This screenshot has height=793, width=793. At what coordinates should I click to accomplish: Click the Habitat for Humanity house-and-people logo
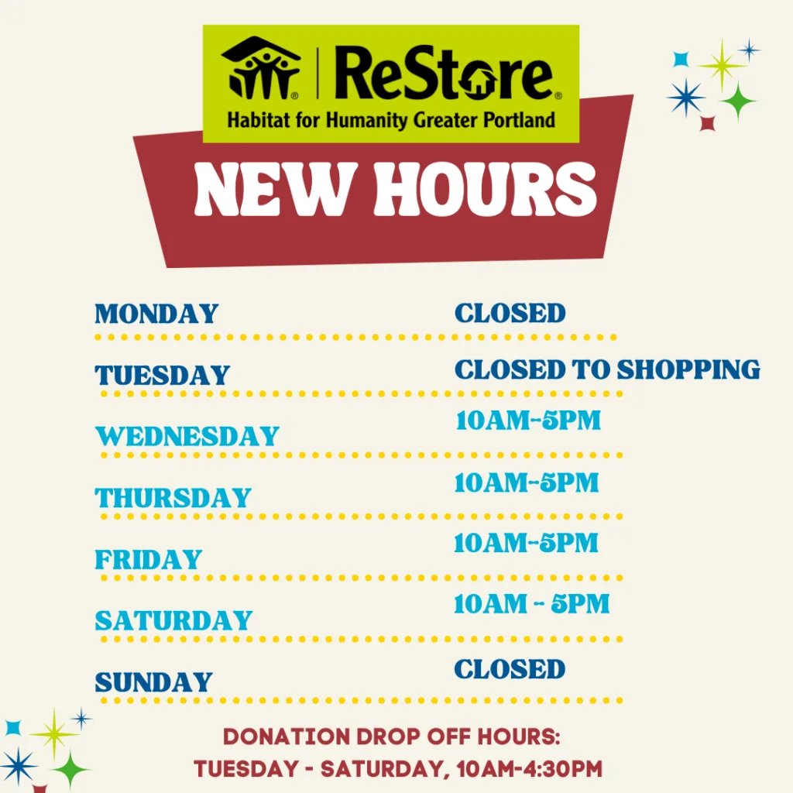(261, 67)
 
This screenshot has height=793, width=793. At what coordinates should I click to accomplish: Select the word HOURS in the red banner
(486, 190)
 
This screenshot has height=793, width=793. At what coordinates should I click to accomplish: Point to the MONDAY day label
(156, 314)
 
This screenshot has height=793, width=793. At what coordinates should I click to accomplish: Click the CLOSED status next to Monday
(510, 313)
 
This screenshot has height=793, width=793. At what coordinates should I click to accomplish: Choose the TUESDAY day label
(163, 376)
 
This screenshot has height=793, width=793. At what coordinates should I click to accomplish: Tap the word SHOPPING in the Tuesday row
(688, 369)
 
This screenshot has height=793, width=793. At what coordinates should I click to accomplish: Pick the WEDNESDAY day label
(187, 437)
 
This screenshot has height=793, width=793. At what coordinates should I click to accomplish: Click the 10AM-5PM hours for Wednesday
(528, 421)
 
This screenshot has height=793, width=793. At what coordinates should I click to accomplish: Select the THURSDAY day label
(173, 498)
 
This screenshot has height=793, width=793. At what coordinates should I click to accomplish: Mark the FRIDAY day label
(149, 559)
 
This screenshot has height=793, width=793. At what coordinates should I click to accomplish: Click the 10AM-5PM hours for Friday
(526, 543)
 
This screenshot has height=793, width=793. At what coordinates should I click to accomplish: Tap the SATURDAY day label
(173, 620)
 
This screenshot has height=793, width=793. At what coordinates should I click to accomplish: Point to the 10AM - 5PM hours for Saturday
(531, 604)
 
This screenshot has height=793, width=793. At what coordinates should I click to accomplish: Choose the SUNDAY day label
(154, 682)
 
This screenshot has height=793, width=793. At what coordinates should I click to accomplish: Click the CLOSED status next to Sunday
(510, 669)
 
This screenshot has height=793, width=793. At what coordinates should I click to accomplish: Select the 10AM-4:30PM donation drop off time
(530, 769)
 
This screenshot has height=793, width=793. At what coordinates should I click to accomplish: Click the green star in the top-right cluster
(738, 101)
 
